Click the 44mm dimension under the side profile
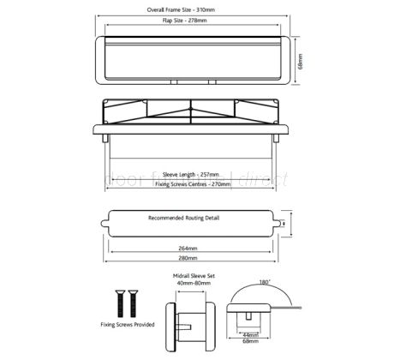[250, 333]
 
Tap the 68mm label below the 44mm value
[249, 341]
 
